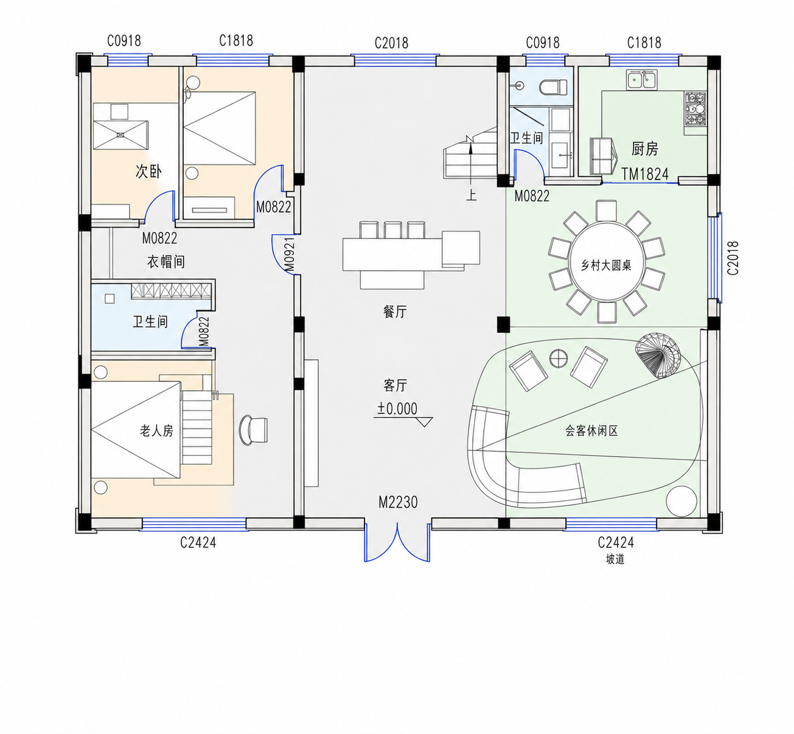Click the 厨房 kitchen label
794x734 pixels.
pos(644,149)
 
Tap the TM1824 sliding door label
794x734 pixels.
pos(645,174)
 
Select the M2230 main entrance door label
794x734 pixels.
pos(398,502)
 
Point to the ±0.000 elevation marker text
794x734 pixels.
pos(397,408)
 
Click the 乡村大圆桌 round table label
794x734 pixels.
pos(606,265)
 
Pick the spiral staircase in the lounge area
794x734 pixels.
pos(658,355)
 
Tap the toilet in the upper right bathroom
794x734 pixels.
pos(553,87)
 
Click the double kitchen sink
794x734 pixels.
pos(642,80)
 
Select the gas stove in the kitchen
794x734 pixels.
pos(695,109)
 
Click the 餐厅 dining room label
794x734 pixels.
pos(395,312)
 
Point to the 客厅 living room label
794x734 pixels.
pos(395,385)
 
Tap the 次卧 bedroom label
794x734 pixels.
pos(148,171)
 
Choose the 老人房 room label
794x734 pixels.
pos(156,431)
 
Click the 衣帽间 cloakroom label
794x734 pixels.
pos(166,262)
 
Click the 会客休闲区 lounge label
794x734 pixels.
pos(591,430)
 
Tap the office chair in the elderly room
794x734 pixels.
pos(254,430)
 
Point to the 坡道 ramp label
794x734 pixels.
pos(615,559)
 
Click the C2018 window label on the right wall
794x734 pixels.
pos(733,257)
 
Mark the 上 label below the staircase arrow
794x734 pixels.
pos(472,195)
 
